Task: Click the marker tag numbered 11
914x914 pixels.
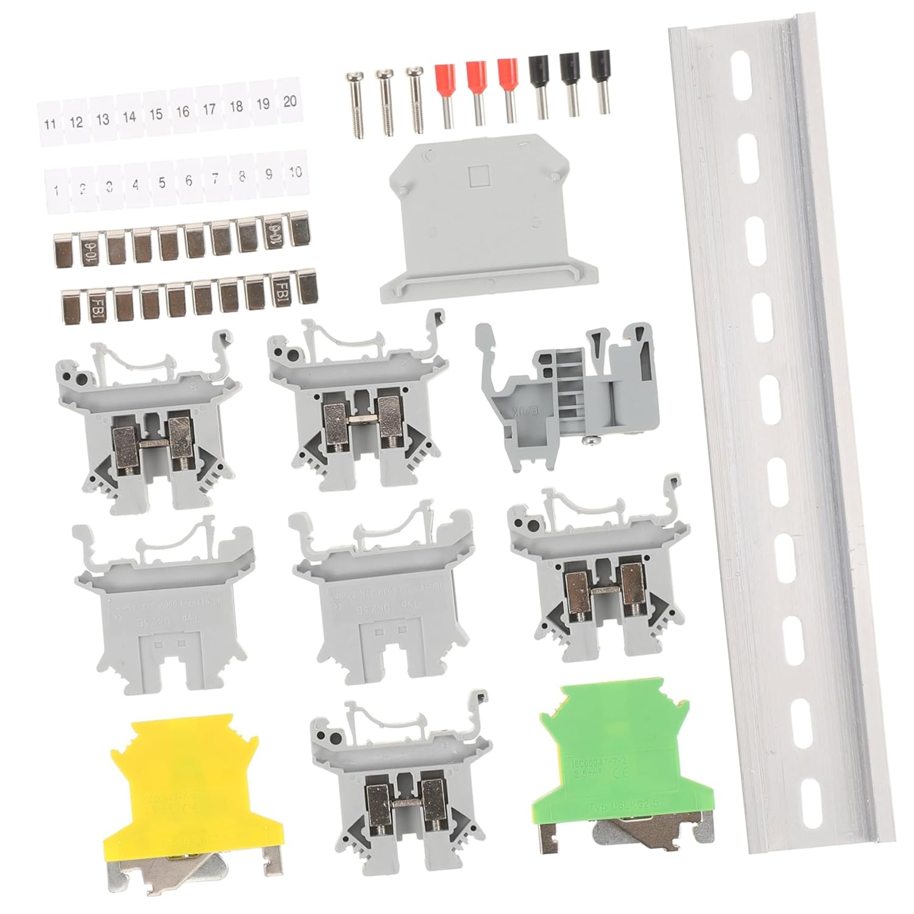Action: [x=50, y=123]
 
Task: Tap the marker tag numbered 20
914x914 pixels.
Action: [x=290, y=101]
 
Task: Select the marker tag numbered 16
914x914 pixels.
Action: [x=182, y=111]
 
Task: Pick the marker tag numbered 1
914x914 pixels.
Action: [x=56, y=190]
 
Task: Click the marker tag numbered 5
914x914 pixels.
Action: [x=161, y=182]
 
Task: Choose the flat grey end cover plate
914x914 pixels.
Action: [x=487, y=232]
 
